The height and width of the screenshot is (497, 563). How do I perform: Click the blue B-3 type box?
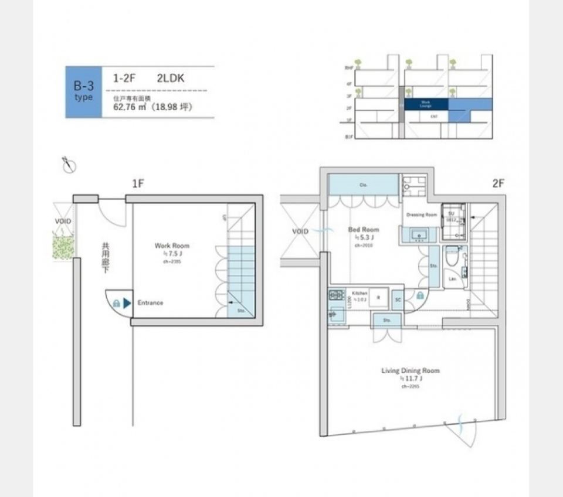pyautogui.click(x=83, y=92)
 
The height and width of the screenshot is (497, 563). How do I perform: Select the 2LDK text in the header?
pyautogui.click(x=171, y=77)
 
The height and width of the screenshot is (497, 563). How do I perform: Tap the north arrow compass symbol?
pyautogui.click(x=69, y=166)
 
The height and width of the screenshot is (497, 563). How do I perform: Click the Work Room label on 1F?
pyautogui.click(x=172, y=246)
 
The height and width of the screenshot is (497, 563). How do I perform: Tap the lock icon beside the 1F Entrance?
pyautogui.click(x=116, y=303)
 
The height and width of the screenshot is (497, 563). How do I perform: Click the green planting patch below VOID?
pyautogui.click(x=63, y=246)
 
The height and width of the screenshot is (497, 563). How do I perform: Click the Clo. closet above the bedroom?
pyautogui.click(x=364, y=185)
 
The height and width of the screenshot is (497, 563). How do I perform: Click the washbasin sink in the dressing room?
pyautogui.click(x=418, y=235)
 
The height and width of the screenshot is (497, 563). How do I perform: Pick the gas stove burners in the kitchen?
pyautogui.click(x=336, y=295)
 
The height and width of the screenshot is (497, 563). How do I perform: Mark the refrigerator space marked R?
pyautogui.click(x=378, y=297)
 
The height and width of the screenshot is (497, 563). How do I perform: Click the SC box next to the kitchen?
pyautogui.click(x=397, y=299)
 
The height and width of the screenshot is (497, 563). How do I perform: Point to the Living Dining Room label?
pyautogui.click(x=411, y=370)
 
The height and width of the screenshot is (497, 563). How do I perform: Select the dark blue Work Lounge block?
pyautogui.click(x=426, y=104)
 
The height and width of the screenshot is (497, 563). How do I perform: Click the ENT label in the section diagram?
pyautogui.click(x=434, y=117)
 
